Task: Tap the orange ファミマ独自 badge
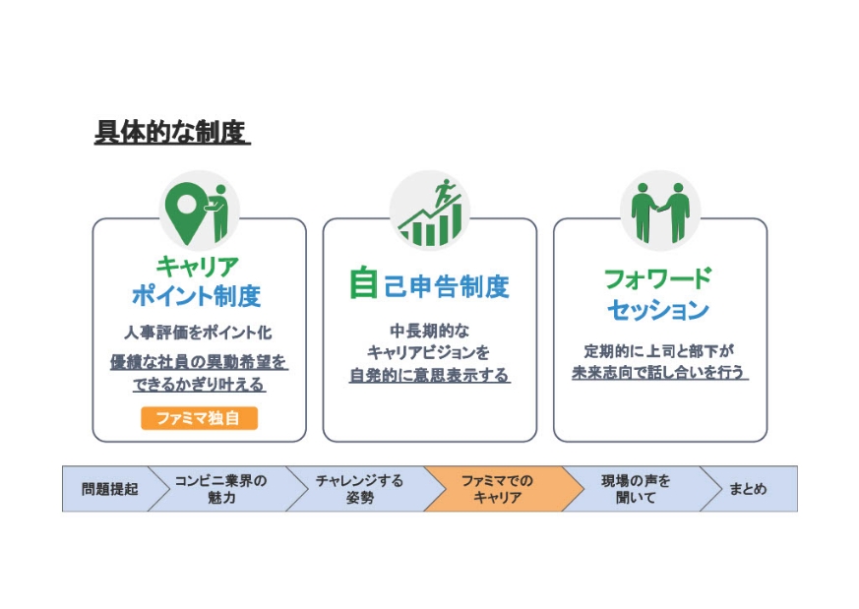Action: (x=199, y=417)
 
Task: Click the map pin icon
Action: (x=183, y=209)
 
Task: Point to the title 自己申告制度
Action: (x=429, y=285)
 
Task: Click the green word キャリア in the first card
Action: (x=197, y=266)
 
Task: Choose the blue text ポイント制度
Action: (x=197, y=295)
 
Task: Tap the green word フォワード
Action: (x=657, y=278)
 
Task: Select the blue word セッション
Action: (x=657, y=310)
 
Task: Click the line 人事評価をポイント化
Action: (x=198, y=334)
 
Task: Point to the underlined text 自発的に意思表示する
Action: (x=429, y=375)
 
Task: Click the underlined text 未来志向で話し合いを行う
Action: (x=659, y=373)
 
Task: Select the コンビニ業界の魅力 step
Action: (x=220, y=489)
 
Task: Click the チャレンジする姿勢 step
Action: (x=359, y=489)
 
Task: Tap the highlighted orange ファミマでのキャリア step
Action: (x=498, y=489)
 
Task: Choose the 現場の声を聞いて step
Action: (x=636, y=489)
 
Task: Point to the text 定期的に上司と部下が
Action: (x=659, y=349)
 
